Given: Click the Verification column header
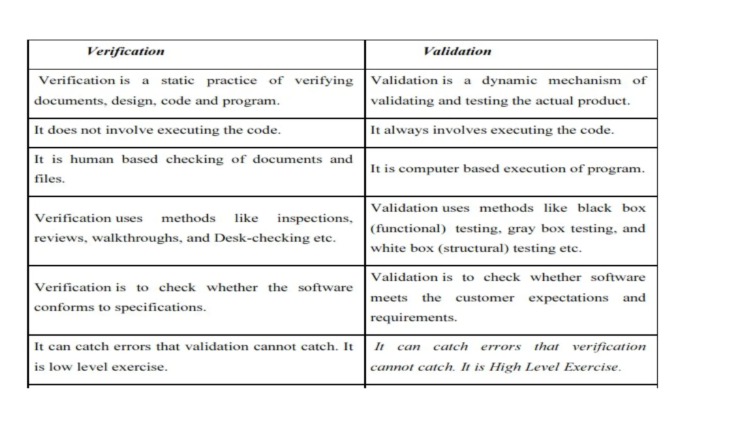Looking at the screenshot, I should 125,51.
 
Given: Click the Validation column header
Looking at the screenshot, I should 457,51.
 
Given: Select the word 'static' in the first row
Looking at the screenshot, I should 177,81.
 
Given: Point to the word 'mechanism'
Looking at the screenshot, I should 585,81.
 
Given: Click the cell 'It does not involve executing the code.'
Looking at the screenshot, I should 157,130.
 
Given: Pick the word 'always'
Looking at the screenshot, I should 406,130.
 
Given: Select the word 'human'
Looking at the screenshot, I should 92,160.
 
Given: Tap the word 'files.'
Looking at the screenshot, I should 50,179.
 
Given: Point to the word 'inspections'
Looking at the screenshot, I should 314,219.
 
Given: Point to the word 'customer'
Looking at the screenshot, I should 485,298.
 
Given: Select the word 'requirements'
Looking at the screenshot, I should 413,318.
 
